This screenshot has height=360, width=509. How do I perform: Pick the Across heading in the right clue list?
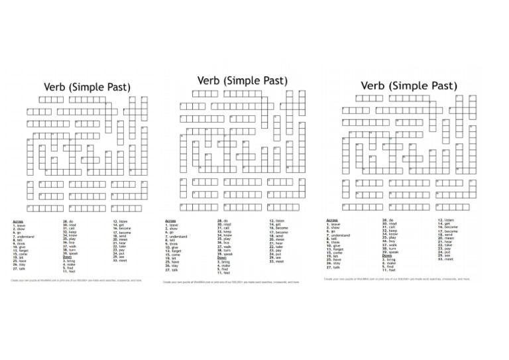tap(333, 220)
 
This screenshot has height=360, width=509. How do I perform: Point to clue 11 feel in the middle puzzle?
tap(225, 272)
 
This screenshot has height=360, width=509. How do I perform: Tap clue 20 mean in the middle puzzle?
tap(278, 239)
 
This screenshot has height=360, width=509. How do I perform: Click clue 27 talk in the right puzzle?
tap(334, 267)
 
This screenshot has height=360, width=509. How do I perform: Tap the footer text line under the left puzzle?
tap(76, 280)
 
